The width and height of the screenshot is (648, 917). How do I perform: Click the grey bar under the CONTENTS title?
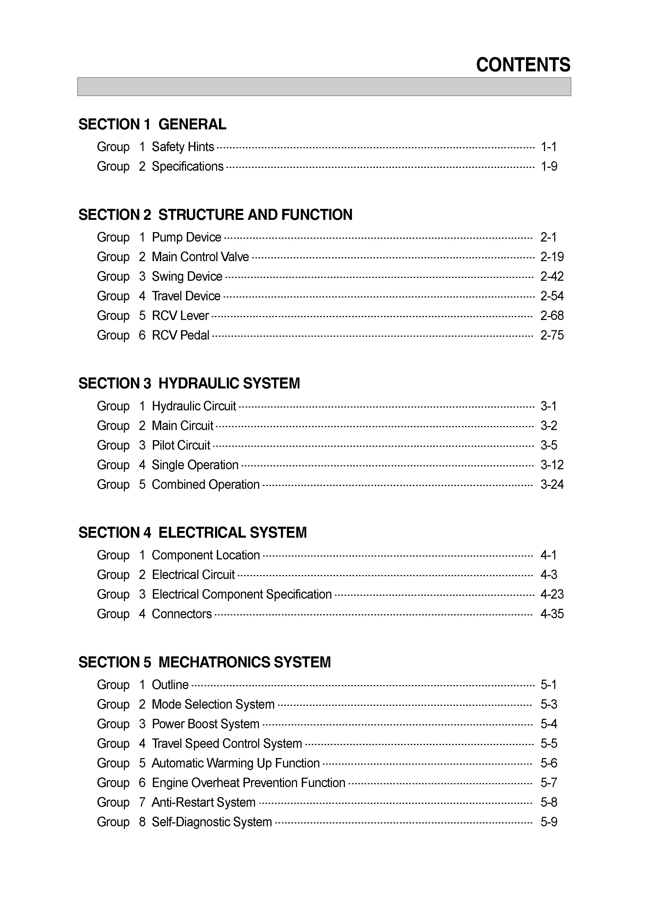(x=324, y=87)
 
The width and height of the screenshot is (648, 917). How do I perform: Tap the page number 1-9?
(x=549, y=166)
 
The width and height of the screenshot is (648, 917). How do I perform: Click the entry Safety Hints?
(x=183, y=147)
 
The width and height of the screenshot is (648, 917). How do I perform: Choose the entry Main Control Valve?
(x=200, y=256)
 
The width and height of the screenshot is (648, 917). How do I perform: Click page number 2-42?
(x=552, y=276)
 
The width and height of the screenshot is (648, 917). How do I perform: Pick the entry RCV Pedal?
(x=181, y=335)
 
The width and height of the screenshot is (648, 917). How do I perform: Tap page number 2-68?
(x=552, y=316)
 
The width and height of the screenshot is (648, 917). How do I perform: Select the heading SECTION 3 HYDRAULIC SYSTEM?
(x=189, y=383)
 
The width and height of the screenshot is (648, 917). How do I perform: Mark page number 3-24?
(x=552, y=484)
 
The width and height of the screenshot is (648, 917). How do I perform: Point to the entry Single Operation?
(x=195, y=465)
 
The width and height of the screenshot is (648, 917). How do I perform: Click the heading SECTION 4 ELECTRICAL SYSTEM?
(x=193, y=532)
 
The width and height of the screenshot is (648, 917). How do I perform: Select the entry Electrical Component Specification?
(x=241, y=594)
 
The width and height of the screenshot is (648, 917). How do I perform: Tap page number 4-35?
(x=552, y=614)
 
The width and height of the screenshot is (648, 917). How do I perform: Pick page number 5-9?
(x=549, y=822)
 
